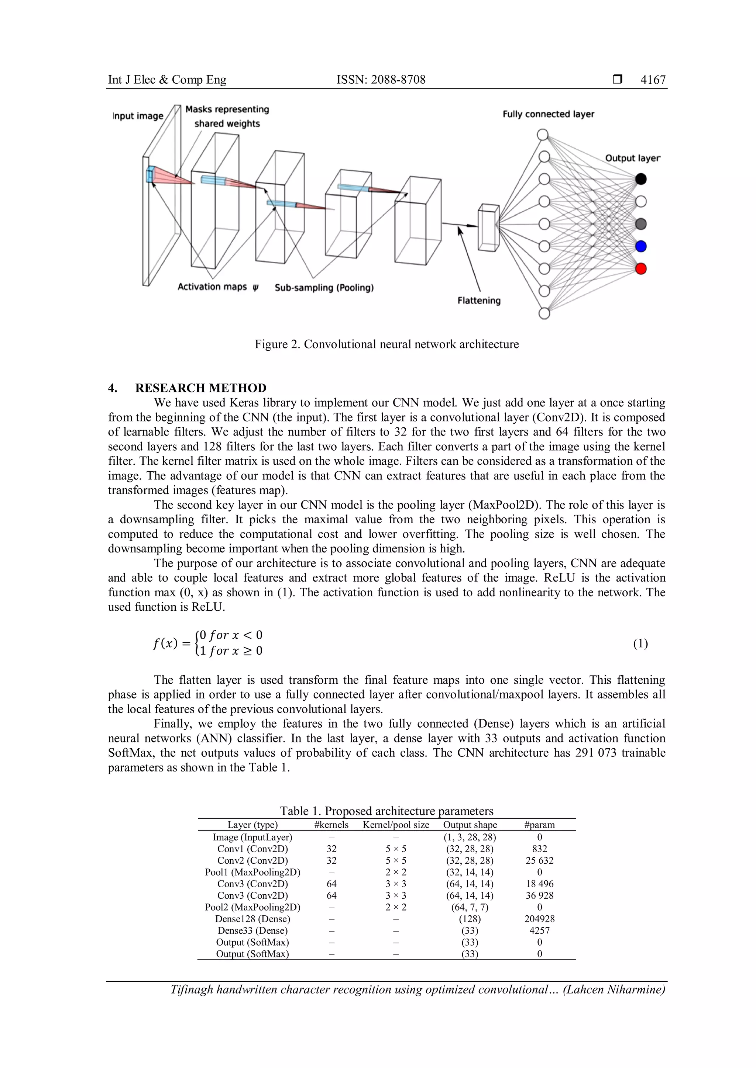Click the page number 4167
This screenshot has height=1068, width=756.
click(653, 80)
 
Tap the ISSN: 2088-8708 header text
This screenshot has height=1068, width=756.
click(381, 80)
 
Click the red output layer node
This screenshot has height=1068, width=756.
click(641, 269)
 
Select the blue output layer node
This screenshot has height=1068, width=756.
click(641, 247)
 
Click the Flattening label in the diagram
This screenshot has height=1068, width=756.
click(479, 301)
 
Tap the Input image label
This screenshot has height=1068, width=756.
click(138, 116)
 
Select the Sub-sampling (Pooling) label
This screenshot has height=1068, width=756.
click(324, 288)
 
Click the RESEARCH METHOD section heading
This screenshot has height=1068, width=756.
click(201, 388)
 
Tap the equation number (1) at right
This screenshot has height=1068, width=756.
click(640, 644)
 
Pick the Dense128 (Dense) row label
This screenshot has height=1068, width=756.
click(252, 919)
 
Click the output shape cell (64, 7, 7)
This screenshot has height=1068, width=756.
click(470, 908)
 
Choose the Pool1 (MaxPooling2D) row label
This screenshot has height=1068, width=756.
click(252, 873)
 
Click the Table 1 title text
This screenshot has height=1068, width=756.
click(386, 812)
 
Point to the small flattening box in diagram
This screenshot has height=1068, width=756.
click(488, 228)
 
